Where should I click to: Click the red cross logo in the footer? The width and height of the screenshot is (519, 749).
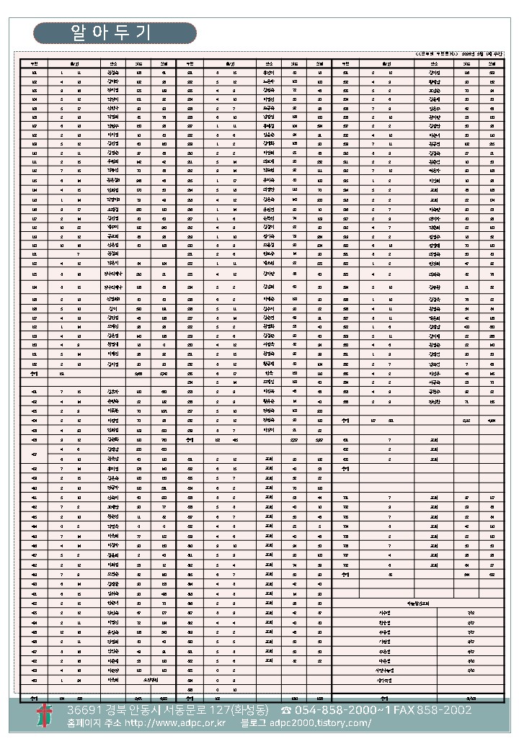(45, 716)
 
